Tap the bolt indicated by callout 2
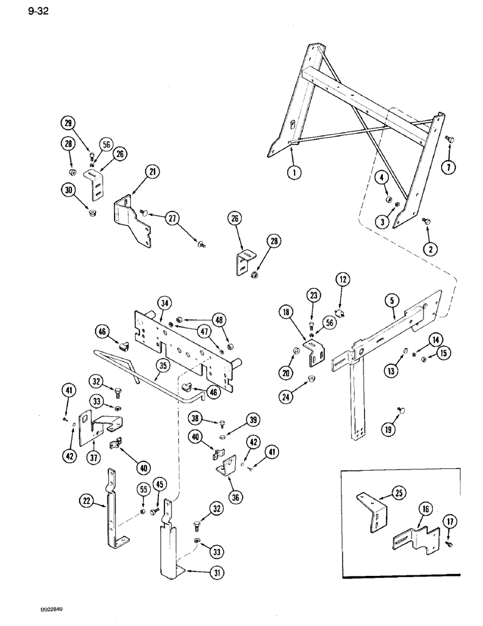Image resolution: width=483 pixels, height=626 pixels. point(410,222)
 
